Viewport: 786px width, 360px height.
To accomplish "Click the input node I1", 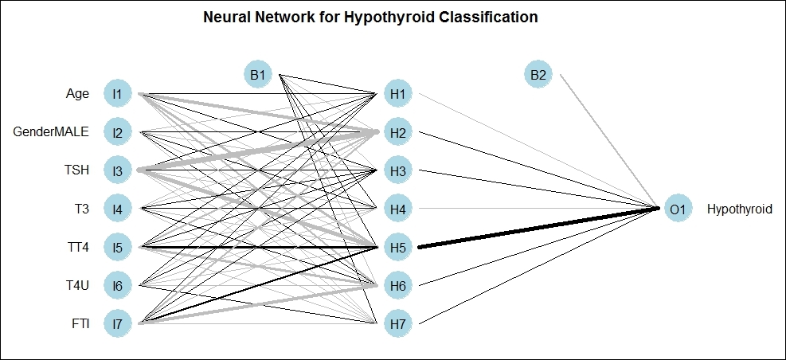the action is coord(117,94).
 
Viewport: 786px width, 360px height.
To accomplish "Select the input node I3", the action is coord(117,170).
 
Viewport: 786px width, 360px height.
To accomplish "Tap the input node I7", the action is coord(117,324).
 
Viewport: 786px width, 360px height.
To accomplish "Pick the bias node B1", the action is coord(258,75).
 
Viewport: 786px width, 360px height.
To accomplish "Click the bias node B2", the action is coord(538,75).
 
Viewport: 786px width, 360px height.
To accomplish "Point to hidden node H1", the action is coord(398,94).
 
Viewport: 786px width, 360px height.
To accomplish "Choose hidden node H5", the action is coord(398,247).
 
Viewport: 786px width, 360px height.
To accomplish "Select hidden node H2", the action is coord(398,132).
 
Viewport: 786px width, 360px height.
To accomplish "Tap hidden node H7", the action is coord(398,324).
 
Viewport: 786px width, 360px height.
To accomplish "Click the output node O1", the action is coord(678,209).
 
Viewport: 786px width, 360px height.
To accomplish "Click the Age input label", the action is coord(77,94).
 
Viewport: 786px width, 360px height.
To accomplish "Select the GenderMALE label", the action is coord(51,132).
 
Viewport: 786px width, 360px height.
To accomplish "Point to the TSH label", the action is coord(77,170).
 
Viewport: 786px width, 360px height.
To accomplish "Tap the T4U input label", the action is coord(78,285).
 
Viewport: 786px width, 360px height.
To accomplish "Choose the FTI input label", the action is coord(80,324).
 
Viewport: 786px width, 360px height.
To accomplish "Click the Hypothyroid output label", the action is coord(739,209).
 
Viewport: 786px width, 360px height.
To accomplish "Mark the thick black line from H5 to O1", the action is coord(539,227).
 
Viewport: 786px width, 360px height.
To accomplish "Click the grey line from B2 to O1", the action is coord(609,142).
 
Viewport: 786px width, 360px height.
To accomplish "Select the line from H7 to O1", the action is coord(539,266).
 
